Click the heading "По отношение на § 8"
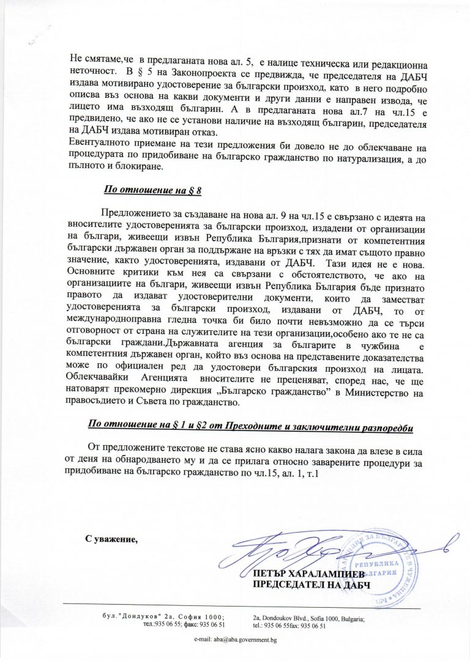pyautogui.click(x=153, y=190)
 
